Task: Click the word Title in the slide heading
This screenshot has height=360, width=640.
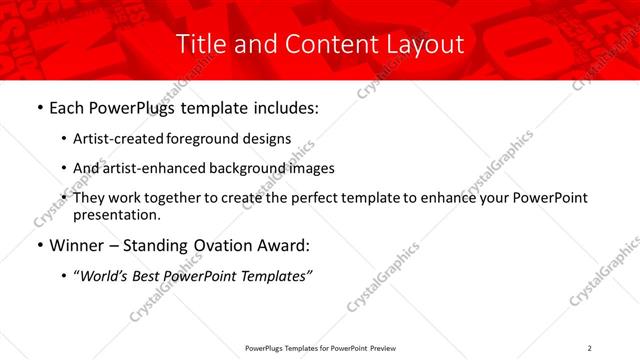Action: pyautogui.click(x=199, y=44)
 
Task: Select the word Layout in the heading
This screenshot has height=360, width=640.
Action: pyautogui.click(x=426, y=45)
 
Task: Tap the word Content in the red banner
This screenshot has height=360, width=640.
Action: pyautogui.click(x=324, y=44)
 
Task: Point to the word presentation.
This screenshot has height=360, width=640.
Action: pyautogui.click(x=116, y=214)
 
